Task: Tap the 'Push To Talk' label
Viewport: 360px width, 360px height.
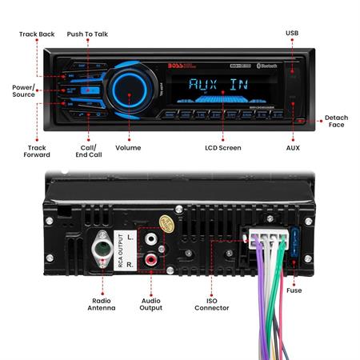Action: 86,35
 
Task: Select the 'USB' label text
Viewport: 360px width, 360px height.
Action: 293,33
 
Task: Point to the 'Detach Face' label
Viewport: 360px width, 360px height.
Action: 336,122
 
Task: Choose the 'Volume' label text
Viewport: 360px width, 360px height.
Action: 128,148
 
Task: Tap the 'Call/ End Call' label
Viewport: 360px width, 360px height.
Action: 88,151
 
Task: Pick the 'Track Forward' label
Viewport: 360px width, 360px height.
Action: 38,151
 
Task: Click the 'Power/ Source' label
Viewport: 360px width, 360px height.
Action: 23,90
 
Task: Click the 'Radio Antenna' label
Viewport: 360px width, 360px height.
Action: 102,303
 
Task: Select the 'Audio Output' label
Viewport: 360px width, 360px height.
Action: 150,303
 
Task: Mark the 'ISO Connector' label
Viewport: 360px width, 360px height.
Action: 212,303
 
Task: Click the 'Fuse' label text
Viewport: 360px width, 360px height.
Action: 294,290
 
